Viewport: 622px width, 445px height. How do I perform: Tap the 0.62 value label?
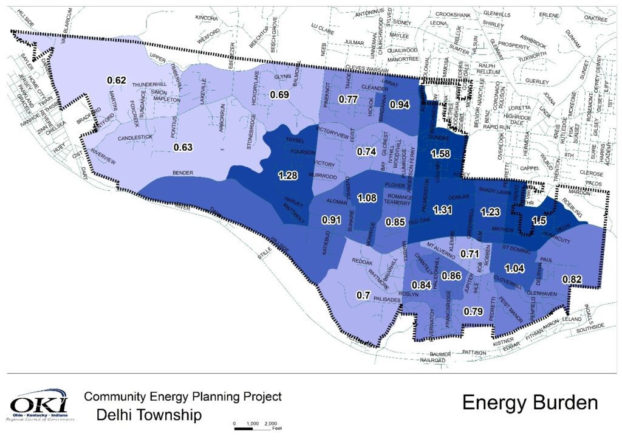(x=116, y=80)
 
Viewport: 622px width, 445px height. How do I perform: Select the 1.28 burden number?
(x=288, y=176)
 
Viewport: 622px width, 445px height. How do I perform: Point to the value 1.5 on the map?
(x=539, y=221)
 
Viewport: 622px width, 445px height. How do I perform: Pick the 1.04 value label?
(x=514, y=268)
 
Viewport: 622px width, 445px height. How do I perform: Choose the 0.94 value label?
(x=399, y=105)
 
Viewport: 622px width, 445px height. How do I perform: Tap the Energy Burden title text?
(x=530, y=402)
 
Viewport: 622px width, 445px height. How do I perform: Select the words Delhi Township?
(x=149, y=416)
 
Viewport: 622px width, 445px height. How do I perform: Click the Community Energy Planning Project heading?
(x=183, y=396)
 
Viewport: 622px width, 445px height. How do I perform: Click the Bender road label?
(x=182, y=173)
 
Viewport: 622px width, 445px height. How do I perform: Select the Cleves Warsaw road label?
(x=366, y=67)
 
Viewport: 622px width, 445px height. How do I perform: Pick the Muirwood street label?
(x=323, y=177)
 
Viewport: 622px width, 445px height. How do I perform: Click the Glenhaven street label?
(x=541, y=293)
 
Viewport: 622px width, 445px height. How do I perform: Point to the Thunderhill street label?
(x=149, y=85)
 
